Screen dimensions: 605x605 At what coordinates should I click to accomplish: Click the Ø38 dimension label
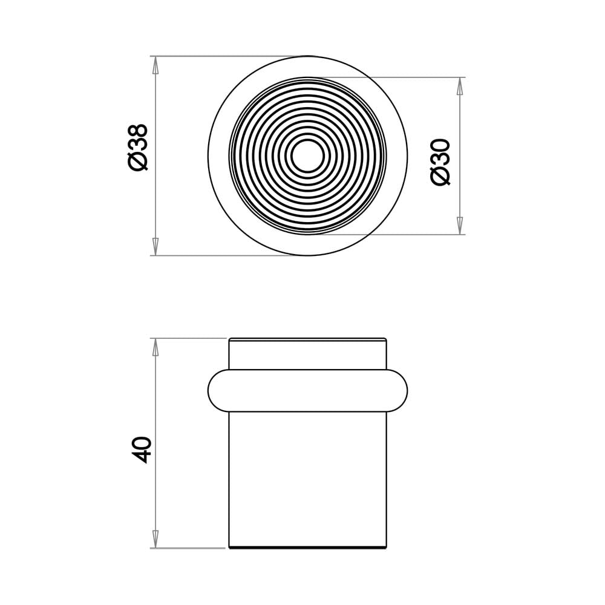tap(139, 148)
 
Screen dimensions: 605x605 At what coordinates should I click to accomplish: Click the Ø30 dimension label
tap(440, 162)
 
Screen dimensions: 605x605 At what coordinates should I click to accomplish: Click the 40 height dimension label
tap(140, 450)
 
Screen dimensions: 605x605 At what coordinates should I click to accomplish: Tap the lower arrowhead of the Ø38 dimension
tap(155, 247)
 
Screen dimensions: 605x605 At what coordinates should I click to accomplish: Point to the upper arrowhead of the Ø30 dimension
tap(459, 86)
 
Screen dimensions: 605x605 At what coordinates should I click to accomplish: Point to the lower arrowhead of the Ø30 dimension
tap(459, 226)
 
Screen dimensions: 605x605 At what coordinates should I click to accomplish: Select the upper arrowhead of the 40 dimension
tap(155, 347)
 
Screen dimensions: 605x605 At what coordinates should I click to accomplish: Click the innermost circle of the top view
tap(307, 140)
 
